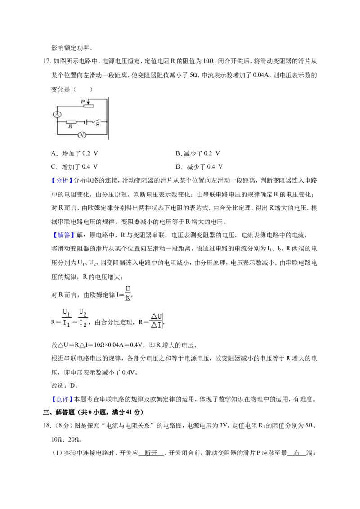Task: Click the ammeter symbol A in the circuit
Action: (57, 114)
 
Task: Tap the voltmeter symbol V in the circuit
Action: (82, 134)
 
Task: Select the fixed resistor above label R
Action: (71, 122)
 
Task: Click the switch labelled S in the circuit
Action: (95, 122)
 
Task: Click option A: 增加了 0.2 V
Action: (75, 153)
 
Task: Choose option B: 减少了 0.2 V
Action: (198, 153)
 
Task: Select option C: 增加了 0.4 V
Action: (75, 166)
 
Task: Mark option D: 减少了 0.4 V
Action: (199, 166)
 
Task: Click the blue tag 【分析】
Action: (62, 180)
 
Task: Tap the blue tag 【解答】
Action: (62, 235)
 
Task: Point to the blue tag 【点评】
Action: (62, 399)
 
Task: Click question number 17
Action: (47, 61)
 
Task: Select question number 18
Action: (47, 425)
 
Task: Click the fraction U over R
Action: (128, 293)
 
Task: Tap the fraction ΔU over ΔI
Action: (156, 321)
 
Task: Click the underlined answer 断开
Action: (151, 453)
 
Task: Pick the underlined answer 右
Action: (297, 453)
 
